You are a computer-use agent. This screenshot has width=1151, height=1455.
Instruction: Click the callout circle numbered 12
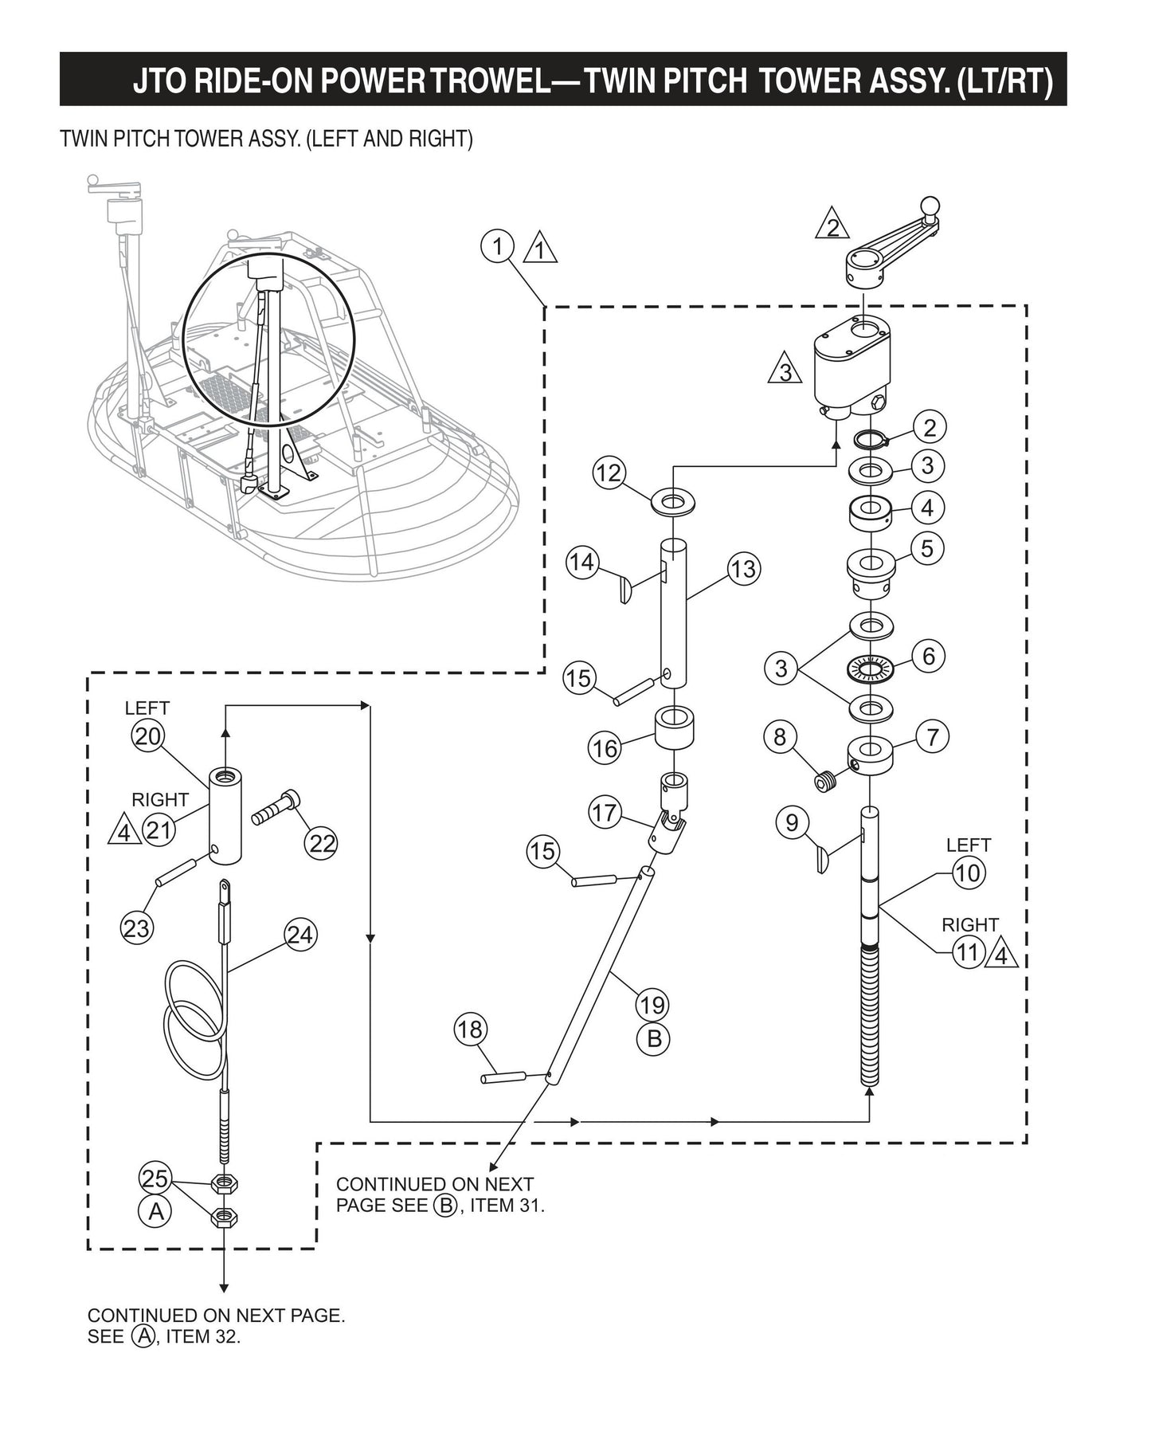[609, 473]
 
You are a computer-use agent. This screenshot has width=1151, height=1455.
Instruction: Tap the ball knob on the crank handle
[930, 205]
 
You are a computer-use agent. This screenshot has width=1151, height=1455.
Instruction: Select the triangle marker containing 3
[785, 369]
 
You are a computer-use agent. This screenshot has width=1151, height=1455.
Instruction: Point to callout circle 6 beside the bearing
[928, 656]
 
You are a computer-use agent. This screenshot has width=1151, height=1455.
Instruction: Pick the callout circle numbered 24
[299, 934]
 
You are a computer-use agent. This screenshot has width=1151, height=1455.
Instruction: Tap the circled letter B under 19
[653, 1039]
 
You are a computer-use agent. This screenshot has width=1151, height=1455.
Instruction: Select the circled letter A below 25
[156, 1212]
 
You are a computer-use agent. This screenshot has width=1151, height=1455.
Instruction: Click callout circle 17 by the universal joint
[605, 813]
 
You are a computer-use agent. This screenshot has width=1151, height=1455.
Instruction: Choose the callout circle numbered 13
[743, 569]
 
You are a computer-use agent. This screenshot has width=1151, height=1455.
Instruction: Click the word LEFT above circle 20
[147, 708]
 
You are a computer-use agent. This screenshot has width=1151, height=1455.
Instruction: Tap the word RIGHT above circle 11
[969, 925]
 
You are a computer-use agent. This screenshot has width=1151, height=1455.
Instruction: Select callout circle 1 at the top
[498, 245]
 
